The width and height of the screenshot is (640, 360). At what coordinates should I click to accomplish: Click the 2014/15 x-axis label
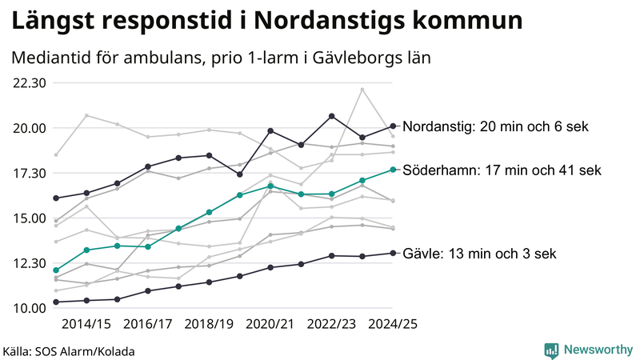click(x=86, y=324)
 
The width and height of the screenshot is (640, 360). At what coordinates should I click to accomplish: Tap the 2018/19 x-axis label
click(x=209, y=324)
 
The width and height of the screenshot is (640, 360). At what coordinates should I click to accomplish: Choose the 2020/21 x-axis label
click(x=270, y=324)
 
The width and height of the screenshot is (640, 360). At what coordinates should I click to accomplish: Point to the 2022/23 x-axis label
click(x=332, y=324)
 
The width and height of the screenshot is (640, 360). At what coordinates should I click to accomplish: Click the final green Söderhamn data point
click(x=393, y=170)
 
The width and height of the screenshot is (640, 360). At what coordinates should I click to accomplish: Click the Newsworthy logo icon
click(x=551, y=350)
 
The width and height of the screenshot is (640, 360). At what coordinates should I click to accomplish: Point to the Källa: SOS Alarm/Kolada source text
click(x=69, y=351)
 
